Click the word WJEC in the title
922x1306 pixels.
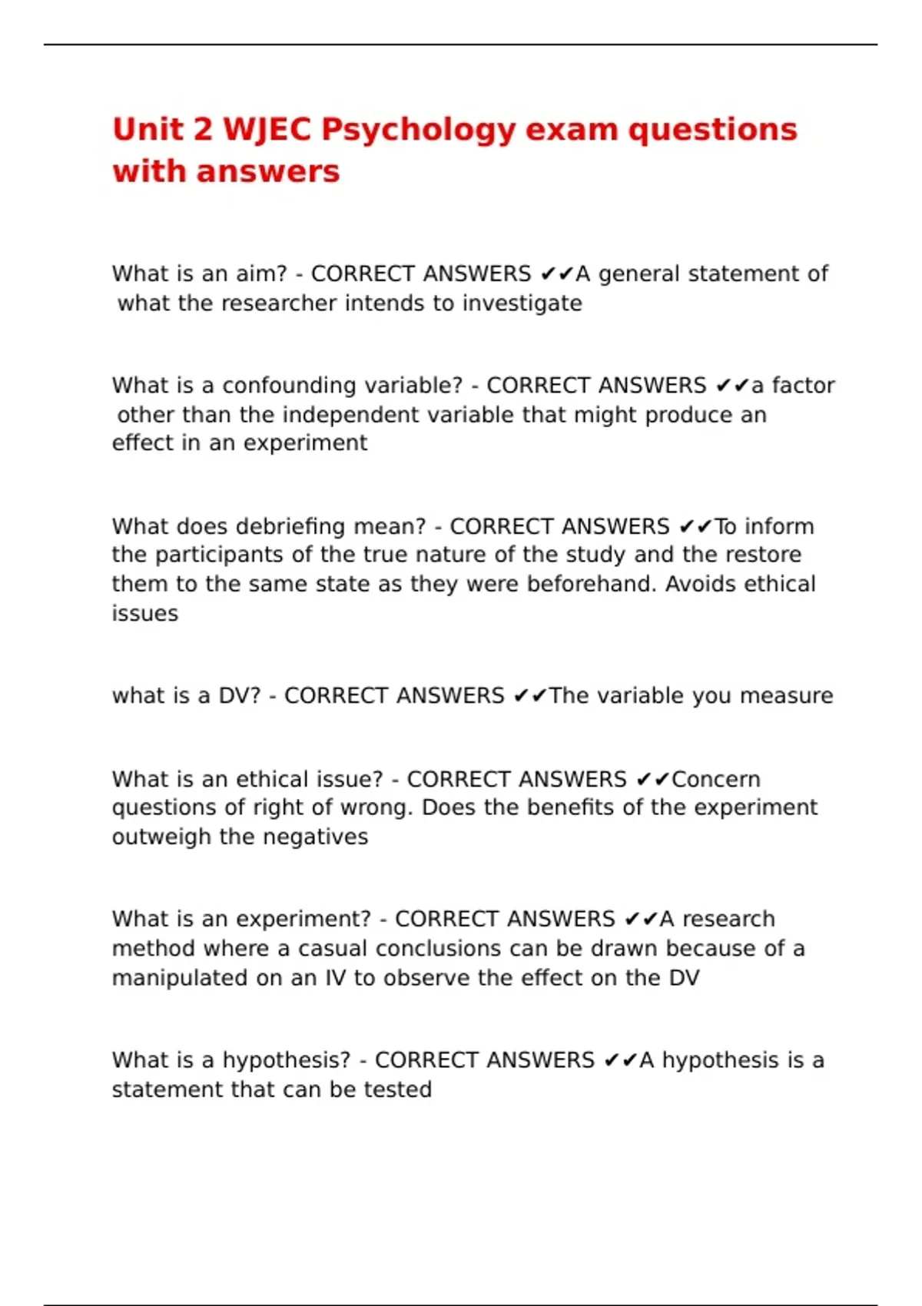[x=267, y=129]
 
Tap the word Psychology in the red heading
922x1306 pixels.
[x=418, y=131]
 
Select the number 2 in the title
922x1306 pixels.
[x=203, y=129]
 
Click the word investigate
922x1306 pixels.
[x=522, y=304]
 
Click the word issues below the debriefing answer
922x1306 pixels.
[x=144, y=614]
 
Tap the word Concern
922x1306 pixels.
[x=715, y=780]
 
